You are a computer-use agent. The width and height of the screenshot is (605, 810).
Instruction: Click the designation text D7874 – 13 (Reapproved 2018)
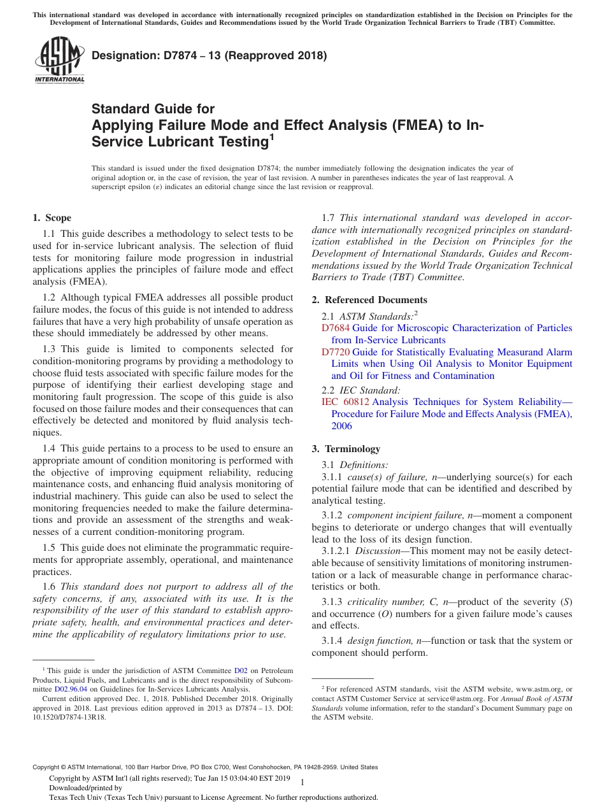209,55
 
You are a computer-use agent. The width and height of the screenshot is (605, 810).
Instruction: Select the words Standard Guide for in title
153,109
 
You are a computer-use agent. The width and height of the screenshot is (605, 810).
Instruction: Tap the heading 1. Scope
52,218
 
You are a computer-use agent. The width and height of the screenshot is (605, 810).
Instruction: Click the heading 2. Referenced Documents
369,300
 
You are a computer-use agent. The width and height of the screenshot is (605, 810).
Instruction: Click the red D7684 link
336,328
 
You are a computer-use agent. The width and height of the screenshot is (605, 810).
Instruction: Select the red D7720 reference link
336,352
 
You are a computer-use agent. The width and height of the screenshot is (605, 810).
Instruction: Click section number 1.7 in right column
329,218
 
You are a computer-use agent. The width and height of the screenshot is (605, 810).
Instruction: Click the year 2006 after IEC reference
341,426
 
